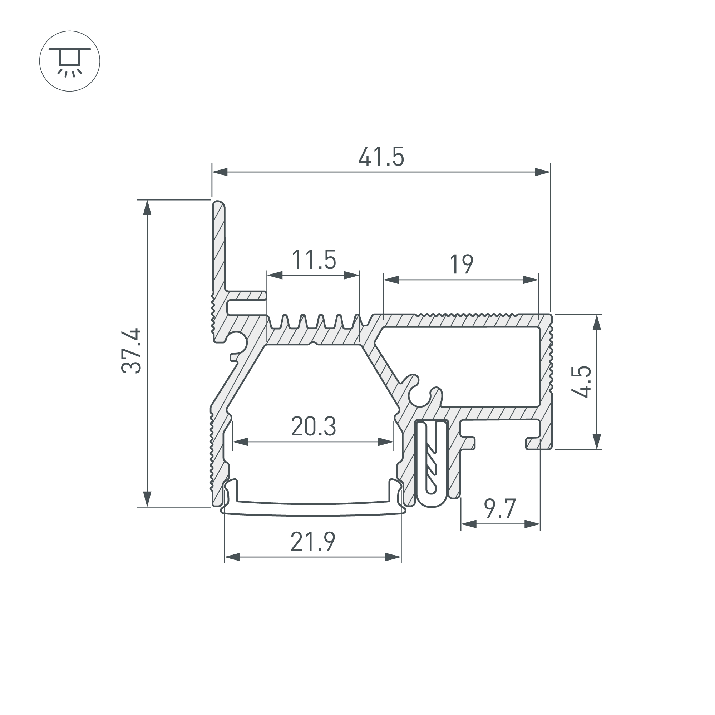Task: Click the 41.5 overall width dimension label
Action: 381,157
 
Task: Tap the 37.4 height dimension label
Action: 131,350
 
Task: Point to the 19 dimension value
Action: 461,264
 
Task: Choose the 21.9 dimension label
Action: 313,542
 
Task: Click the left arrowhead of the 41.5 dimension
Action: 220,172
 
